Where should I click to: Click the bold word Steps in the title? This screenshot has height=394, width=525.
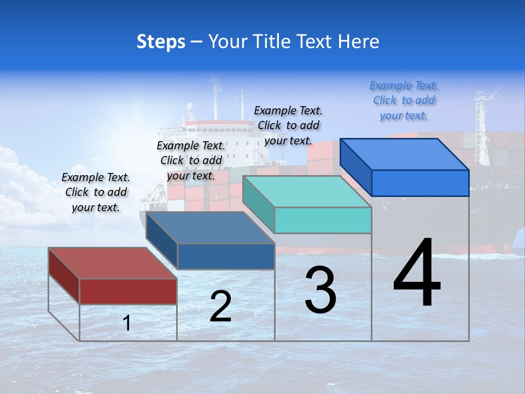point(161,42)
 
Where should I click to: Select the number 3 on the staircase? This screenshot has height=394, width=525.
point(320,290)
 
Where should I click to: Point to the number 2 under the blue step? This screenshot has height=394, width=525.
point(220,306)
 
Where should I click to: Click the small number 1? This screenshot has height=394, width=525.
point(127,323)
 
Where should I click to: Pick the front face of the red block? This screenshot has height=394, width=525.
point(128,291)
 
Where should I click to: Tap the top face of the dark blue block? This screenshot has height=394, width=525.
point(211,228)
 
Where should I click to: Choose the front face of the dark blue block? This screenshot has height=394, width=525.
point(226,256)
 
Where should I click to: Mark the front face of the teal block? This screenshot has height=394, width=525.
point(323,220)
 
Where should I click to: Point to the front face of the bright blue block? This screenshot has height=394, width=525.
point(420,183)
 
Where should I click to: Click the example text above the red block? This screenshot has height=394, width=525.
point(96,192)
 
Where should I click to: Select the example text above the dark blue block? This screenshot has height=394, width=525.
point(191,160)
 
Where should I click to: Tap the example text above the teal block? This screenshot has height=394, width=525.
point(288,125)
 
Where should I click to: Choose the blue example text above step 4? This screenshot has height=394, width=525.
point(404,100)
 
